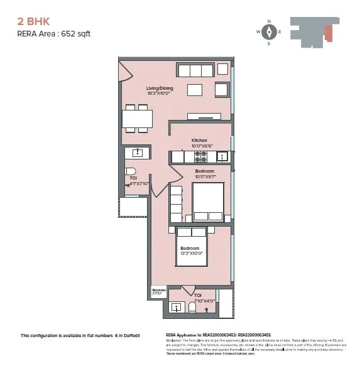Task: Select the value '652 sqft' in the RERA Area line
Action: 75,34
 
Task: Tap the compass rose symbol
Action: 269,32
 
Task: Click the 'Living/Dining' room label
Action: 160,89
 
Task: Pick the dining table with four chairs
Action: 136,119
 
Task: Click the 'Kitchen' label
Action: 199,140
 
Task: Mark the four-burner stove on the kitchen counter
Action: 201,156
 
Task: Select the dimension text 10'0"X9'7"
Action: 204,177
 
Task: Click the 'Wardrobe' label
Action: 158,289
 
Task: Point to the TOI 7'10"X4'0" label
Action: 199,298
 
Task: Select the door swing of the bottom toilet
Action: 188,289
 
